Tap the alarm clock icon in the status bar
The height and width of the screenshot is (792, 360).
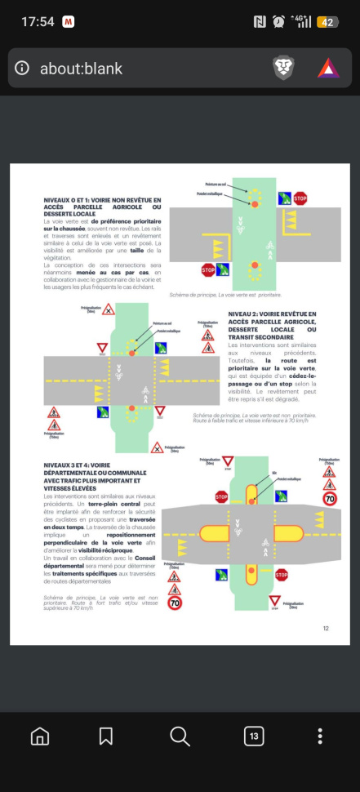pyautogui.click(x=279, y=22)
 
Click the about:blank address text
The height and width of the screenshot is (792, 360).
pyautogui.click(x=81, y=69)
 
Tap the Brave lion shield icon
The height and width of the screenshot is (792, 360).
pyautogui.click(x=283, y=68)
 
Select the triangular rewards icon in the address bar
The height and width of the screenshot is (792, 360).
pyautogui.click(x=328, y=68)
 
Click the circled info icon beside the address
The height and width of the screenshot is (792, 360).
pyautogui.click(x=23, y=69)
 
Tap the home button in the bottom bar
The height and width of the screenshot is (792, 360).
pyautogui.click(x=39, y=736)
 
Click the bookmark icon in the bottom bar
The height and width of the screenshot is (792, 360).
pyautogui.click(x=106, y=736)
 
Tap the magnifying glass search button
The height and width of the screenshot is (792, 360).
pyautogui.click(x=180, y=736)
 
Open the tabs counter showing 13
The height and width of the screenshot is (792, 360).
pyautogui.click(x=254, y=736)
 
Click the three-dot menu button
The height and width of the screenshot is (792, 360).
pyautogui.click(x=320, y=736)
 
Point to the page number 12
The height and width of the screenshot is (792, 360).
pyautogui.click(x=326, y=628)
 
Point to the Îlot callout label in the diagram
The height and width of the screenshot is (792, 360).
pyautogui.click(x=274, y=471)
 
